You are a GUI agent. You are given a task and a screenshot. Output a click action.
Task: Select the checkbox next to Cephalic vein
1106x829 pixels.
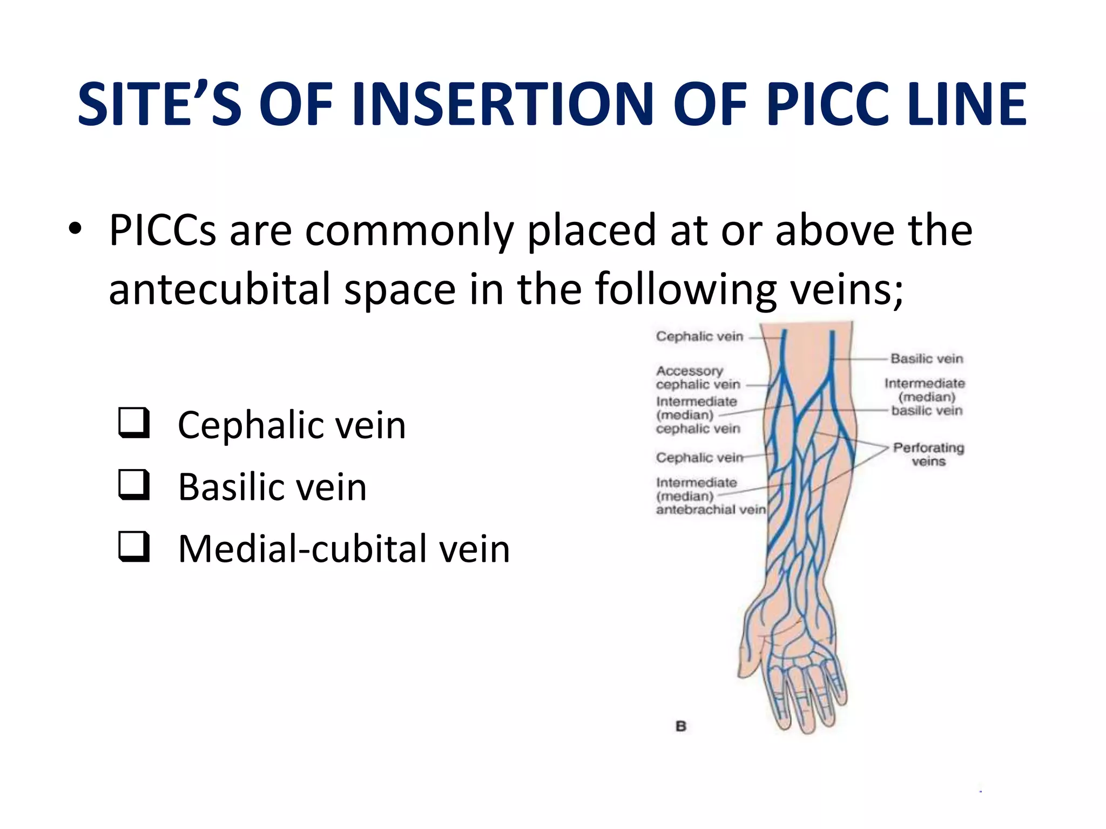pyautogui.click(x=133, y=423)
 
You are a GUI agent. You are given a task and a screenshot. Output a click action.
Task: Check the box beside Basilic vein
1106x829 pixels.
pyautogui.click(x=133, y=484)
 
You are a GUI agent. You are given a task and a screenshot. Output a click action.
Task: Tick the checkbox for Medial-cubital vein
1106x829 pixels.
pyautogui.click(x=133, y=546)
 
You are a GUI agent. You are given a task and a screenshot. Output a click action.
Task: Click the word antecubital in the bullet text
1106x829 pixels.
pyautogui.click(x=219, y=289)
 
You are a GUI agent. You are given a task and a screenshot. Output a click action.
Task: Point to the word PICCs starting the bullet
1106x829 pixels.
pyautogui.click(x=163, y=230)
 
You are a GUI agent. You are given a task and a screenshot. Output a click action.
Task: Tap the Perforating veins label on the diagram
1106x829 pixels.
pyautogui.click(x=928, y=454)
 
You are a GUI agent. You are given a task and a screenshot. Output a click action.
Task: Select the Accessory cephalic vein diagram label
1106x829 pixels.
pyautogui.click(x=697, y=378)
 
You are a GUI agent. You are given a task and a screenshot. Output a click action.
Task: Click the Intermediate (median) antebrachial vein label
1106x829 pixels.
pyautogui.click(x=710, y=496)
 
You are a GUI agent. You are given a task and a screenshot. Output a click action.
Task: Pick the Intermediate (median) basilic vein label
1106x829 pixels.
pyautogui.click(x=925, y=397)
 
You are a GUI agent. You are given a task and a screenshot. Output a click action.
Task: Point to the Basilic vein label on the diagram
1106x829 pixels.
pyautogui.click(x=926, y=358)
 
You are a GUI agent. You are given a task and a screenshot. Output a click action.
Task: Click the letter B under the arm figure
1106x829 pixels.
pyautogui.click(x=681, y=726)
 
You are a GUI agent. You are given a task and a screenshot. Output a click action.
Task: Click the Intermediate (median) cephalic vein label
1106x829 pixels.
pyautogui.click(x=697, y=415)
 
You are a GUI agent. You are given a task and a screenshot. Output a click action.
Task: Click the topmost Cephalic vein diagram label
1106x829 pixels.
pyautogui.click(x=699, y=336)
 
